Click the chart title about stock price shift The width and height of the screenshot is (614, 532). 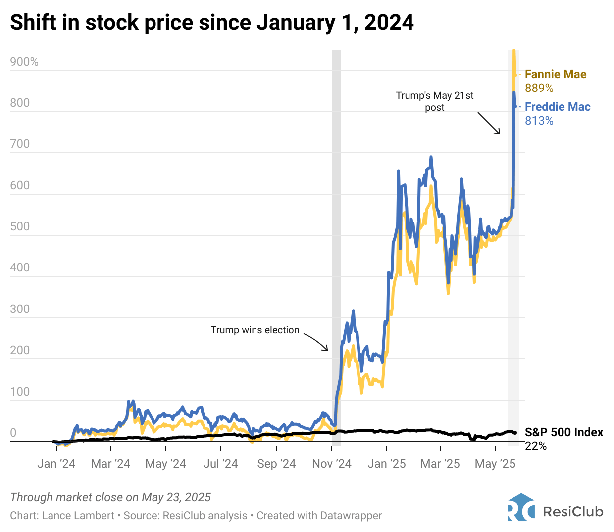click(x=212, y=23)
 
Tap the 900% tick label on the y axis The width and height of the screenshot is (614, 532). click(x=24, y=62)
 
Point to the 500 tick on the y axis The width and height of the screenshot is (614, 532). click(x=20, y=227)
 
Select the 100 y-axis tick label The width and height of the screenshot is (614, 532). click(x=20, y=392)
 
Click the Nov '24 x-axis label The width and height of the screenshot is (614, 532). click(x=332, y=464)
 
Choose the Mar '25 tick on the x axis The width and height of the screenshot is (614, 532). click(x=440, y=464)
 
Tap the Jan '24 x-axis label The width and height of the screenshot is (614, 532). click(x=56, y=464)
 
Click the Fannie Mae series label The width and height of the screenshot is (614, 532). click(x=556, y=74)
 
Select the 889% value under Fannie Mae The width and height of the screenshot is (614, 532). click(x=539, y=88)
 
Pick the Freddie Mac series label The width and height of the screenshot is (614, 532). click(x=558, y=107)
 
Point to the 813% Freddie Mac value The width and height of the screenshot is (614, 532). click(x=539, y=121)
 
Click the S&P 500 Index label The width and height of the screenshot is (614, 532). click(x=564, y=432)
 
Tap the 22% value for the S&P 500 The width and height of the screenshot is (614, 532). click(x=536, y=446)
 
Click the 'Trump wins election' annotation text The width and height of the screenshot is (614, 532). click(x=255, y=330)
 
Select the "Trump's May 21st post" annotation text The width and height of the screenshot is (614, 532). click(x=435, y=101)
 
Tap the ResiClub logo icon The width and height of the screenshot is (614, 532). click(x=521, y=507)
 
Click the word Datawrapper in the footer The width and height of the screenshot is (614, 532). click(x=351, y=516)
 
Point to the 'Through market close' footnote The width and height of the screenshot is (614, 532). click(x=110, y=497)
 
